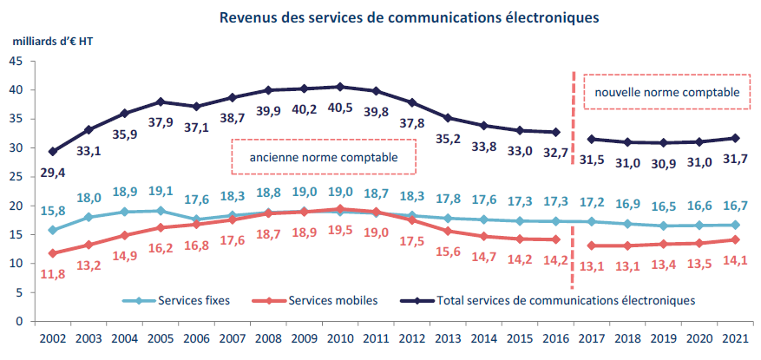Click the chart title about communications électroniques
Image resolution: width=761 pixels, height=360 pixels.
(410, 17)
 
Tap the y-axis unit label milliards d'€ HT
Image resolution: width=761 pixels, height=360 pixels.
(53, 42)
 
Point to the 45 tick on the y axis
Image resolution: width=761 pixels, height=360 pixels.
(17, 61)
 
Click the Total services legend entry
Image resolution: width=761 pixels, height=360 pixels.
(555, 301)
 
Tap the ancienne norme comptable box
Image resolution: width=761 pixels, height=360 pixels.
(324, 159)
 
